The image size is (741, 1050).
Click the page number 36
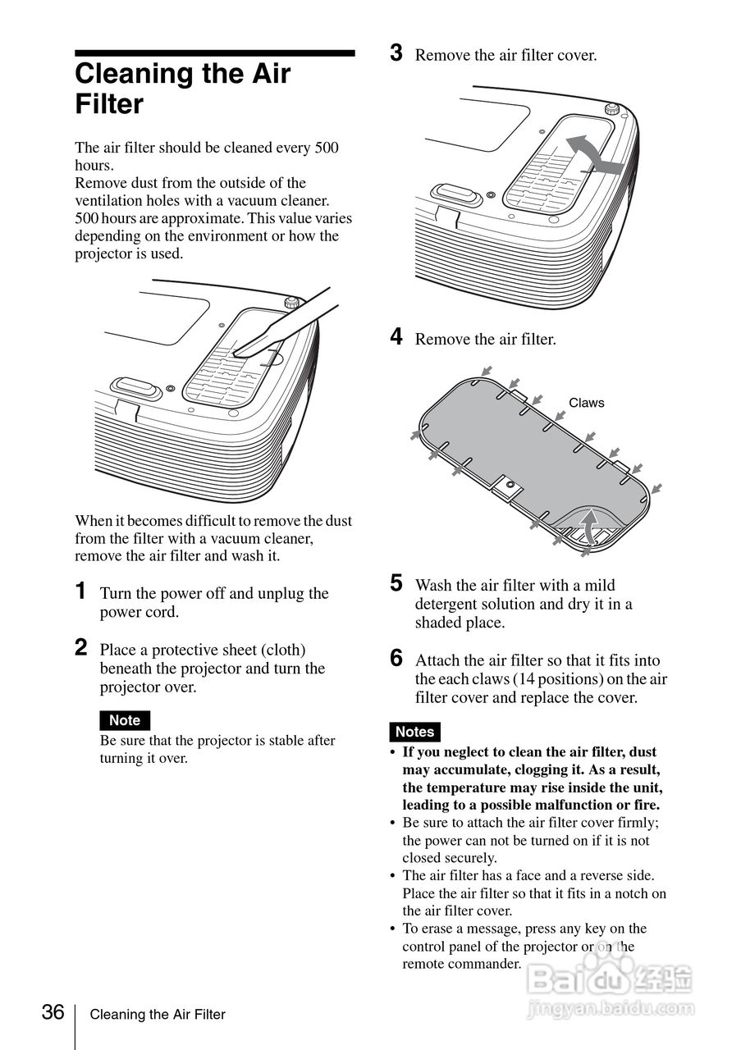tap(53, 1012)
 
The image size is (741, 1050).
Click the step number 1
tap(80, 591)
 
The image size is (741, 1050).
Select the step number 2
tap(81, 648)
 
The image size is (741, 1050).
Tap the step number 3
tap(396, 54)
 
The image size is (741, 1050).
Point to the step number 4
tap(396, 337)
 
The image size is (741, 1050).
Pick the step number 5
tap(396, 584)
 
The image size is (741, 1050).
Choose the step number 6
tap(396, 659)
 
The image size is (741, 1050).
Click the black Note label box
tap(125, 720)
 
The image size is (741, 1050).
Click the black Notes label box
tap(414, 732)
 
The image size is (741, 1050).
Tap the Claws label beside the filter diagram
tap(586, 403)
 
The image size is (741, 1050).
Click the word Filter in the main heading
tap(109, 104)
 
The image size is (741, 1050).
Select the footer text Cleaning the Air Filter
tap(158, 1015)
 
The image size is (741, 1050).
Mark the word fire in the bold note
tap(644, 805)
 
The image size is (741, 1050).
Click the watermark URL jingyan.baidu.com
tap(611, 1007)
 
